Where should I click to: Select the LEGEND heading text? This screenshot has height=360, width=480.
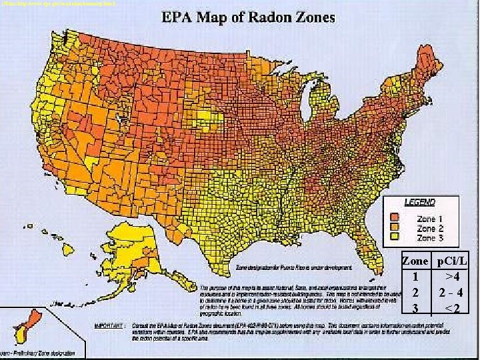coord(420,202)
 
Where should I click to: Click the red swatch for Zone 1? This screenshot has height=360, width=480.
coord(395,218)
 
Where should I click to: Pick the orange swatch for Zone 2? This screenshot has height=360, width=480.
coord(395,227)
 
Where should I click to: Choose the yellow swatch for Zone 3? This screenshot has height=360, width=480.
coord(395,237)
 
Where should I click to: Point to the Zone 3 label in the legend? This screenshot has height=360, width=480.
coord(429,237)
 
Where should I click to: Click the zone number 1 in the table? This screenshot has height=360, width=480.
coord(415,277)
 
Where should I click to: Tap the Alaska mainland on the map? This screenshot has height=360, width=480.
coord(130,247)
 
